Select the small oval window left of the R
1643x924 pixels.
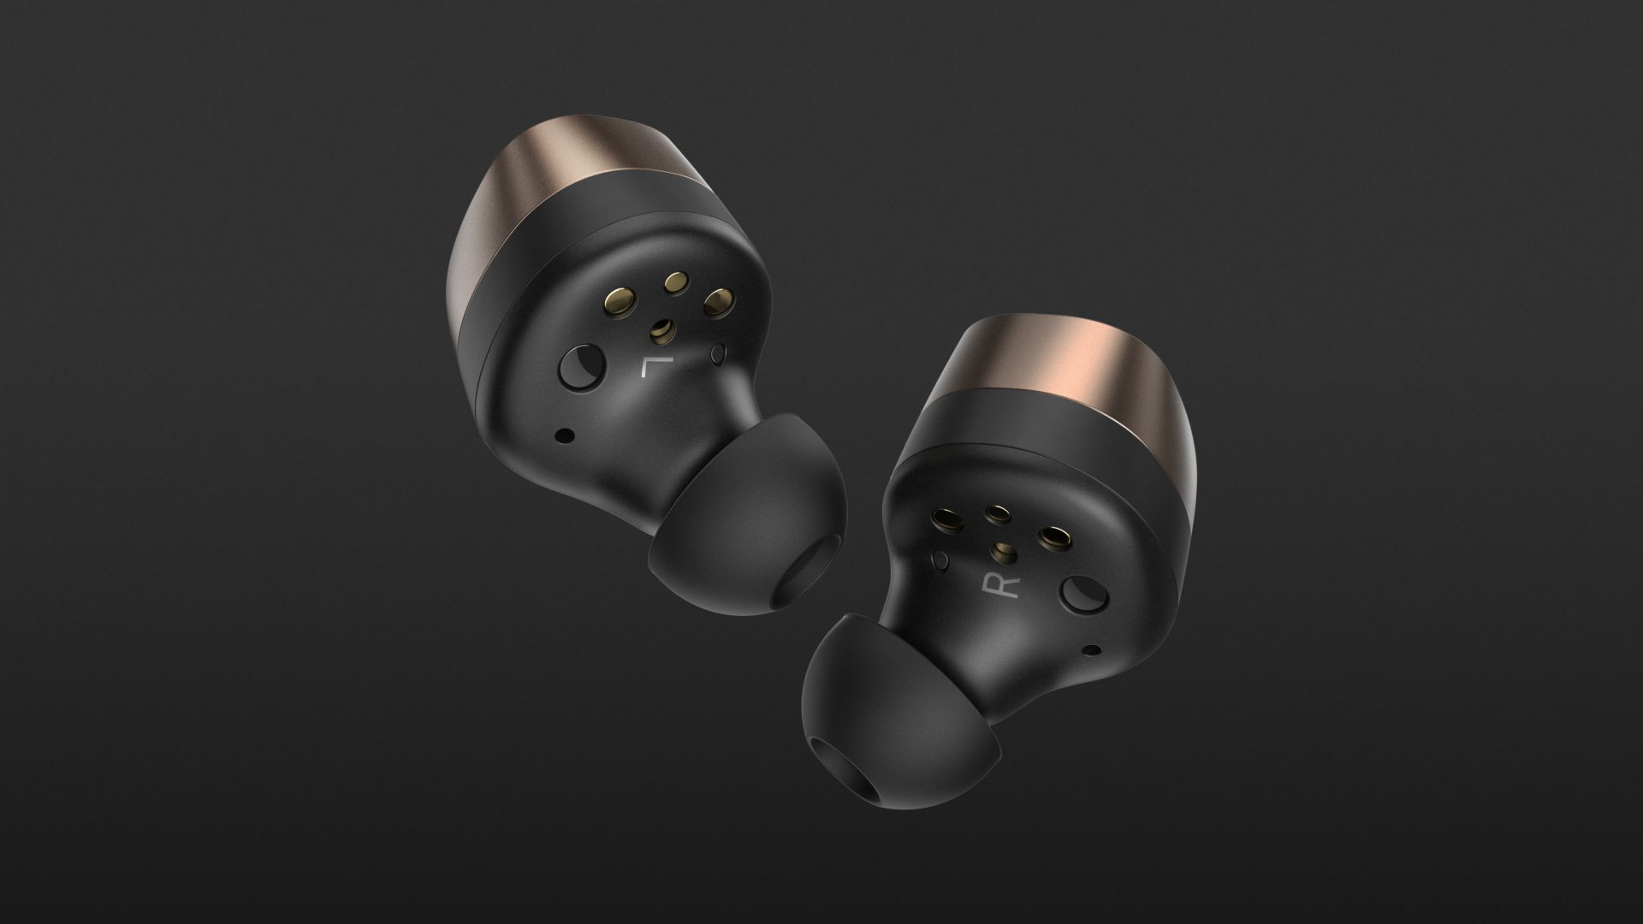pyautogui.click(x=943, y=562)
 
